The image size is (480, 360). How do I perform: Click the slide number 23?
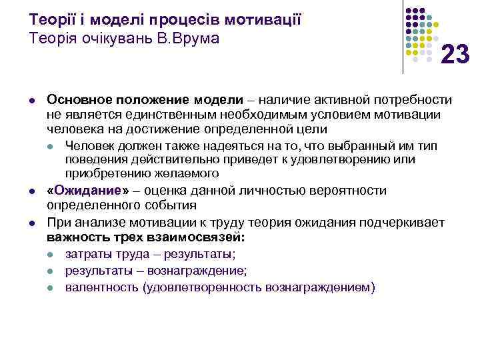point(455,53)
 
